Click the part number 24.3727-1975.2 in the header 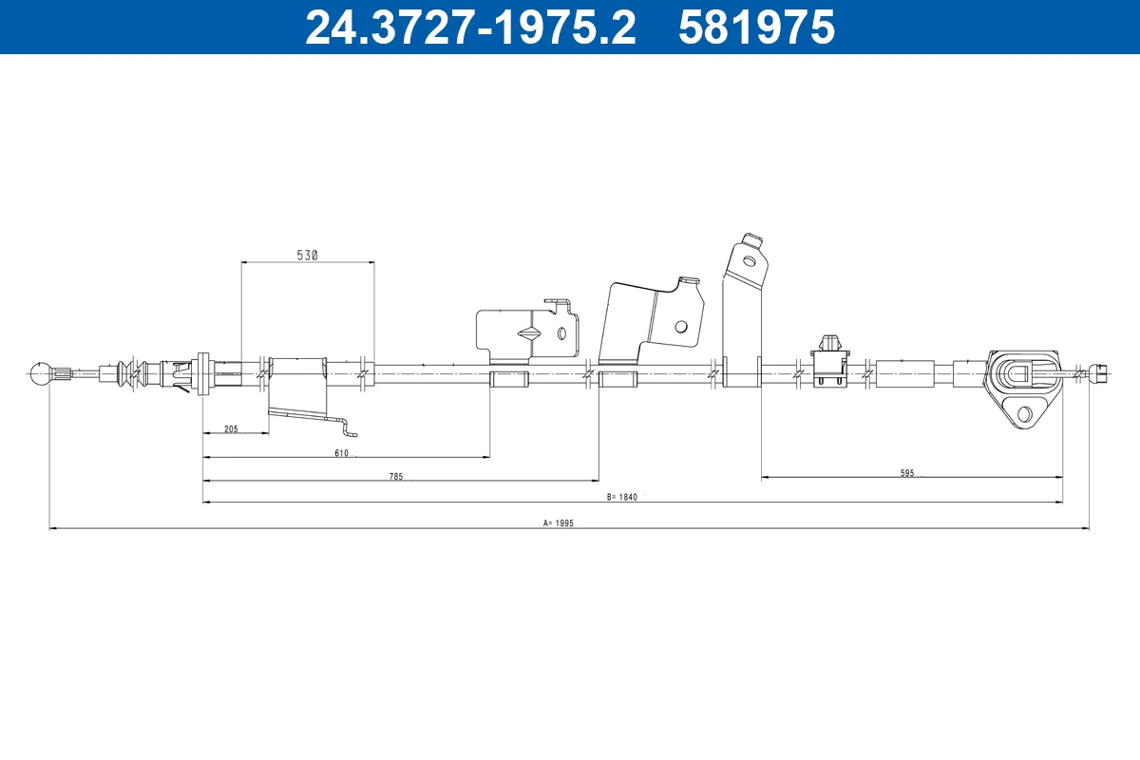click(471, 28)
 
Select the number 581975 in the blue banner click(757, 28)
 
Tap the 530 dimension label click(308, 255)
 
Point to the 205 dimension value click(231, 429)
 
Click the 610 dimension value click(341, 453)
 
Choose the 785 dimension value click(396, 477)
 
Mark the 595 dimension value click(907, 473)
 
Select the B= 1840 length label click(622, 497)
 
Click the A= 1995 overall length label click(559, 522)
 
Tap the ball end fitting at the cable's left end click(41, 374)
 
